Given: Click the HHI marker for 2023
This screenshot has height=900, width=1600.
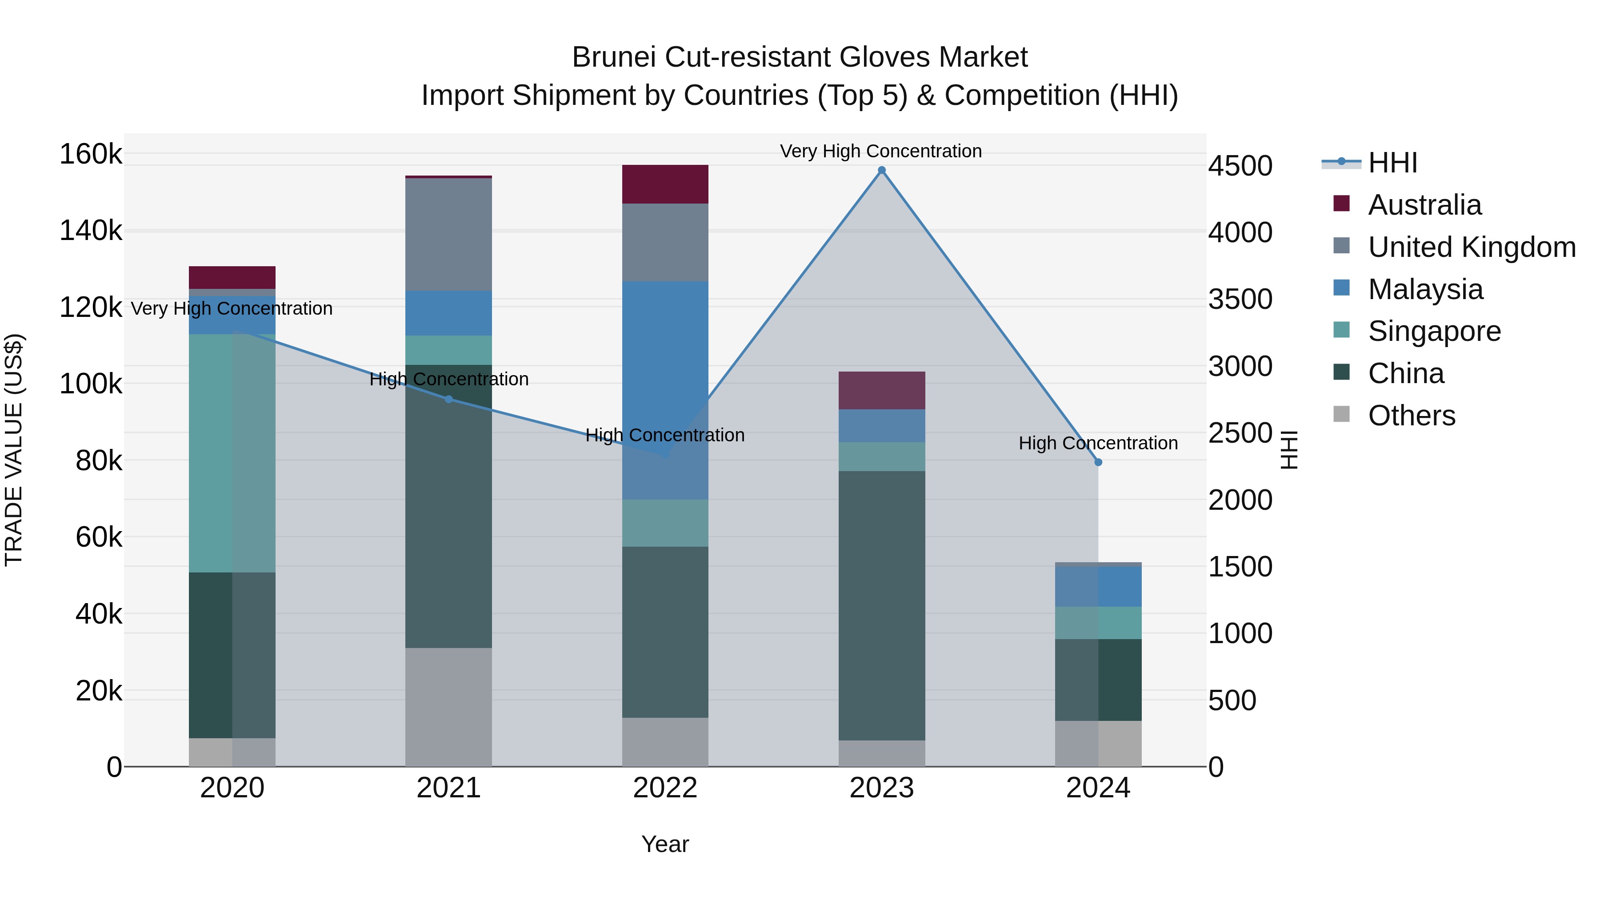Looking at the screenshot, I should (881, 170).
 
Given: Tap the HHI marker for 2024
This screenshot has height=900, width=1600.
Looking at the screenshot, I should (1098, 462).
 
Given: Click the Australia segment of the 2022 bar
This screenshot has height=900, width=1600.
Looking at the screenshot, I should (665, 184).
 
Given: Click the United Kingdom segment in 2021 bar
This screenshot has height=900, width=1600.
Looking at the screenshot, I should (448, 234).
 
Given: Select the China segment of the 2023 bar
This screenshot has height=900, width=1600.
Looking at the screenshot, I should (881, 606).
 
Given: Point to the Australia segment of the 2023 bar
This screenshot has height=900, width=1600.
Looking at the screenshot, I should (881, 390).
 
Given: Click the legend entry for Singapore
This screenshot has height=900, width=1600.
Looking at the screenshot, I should (1433, 331).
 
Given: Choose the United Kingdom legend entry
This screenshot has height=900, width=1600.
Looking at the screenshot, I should (1471, 247).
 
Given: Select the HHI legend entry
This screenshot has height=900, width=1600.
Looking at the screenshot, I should (1391, 163).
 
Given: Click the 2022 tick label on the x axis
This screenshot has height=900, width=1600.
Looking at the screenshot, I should (665, 788).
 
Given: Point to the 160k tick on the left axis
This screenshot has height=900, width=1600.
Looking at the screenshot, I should (91, 154).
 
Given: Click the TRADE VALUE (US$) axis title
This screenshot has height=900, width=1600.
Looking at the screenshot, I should (14, 450).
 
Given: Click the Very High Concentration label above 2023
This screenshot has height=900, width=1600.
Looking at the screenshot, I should (881, 151).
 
